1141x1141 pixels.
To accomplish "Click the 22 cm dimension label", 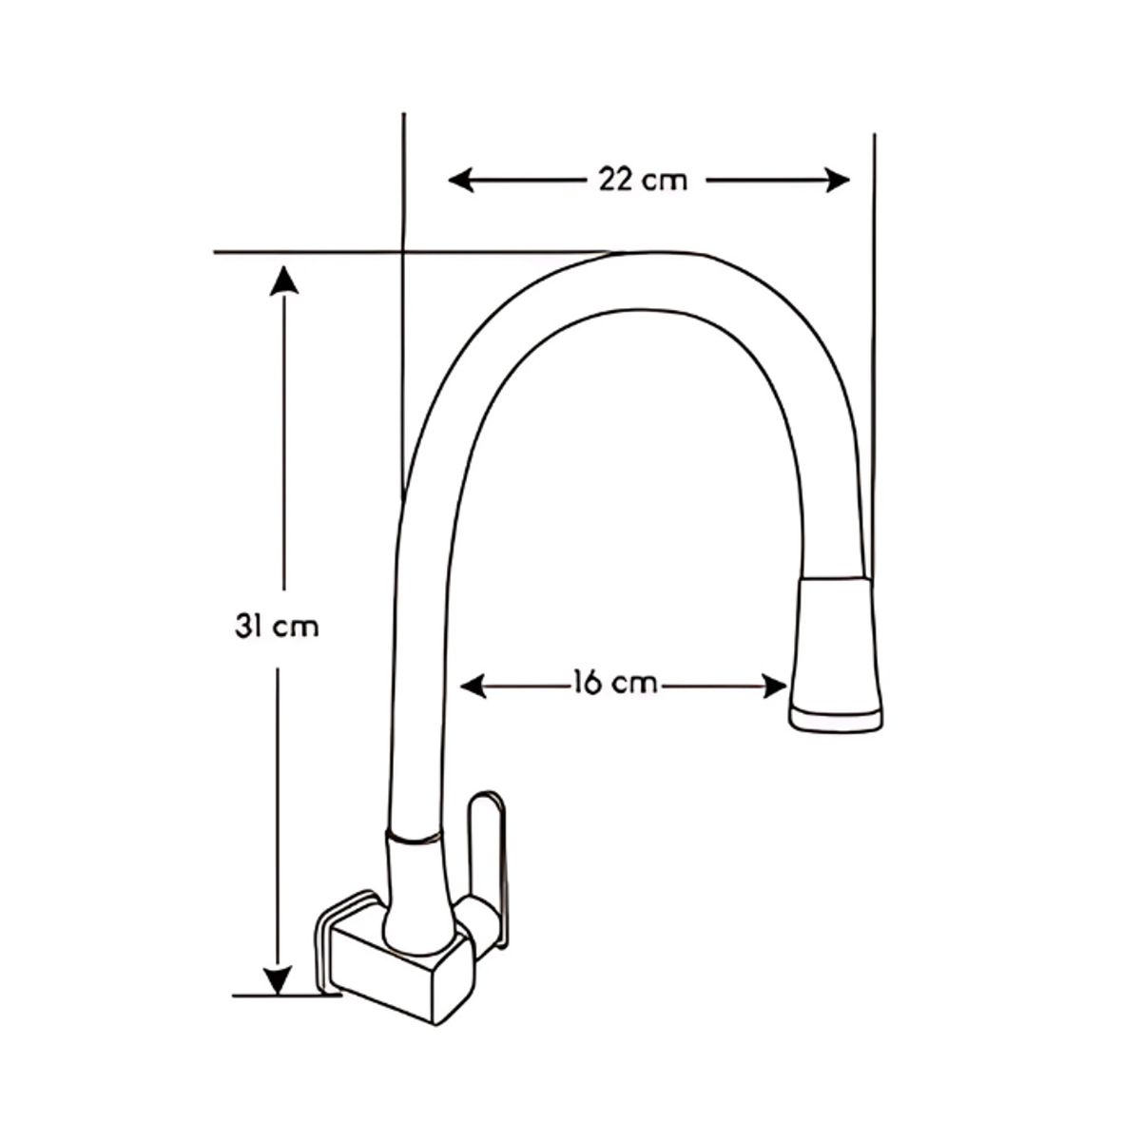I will tap(643, 179).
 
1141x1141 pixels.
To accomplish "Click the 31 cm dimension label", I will tap(277, 628).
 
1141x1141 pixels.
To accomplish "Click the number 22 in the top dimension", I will tap(616, 179).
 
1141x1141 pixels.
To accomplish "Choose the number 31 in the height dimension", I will tap(248, 628).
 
